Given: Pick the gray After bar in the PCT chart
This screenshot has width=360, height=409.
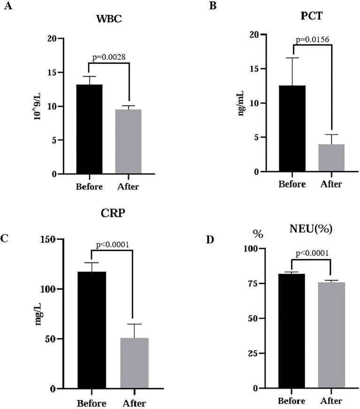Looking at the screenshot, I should (x=331, y=158).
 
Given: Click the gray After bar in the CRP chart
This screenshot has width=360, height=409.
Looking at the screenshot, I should (x=135, y=363).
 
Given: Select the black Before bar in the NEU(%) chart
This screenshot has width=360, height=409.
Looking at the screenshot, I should (x=291, y=331).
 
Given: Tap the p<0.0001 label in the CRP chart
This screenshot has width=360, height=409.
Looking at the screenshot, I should (x=112, y=244).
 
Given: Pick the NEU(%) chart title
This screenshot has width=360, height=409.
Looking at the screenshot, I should (x=312, y=229).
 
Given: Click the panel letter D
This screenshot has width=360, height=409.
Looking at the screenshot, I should (x=210, y=239).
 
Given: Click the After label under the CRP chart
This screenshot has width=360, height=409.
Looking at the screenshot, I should (x=134, y=403).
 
